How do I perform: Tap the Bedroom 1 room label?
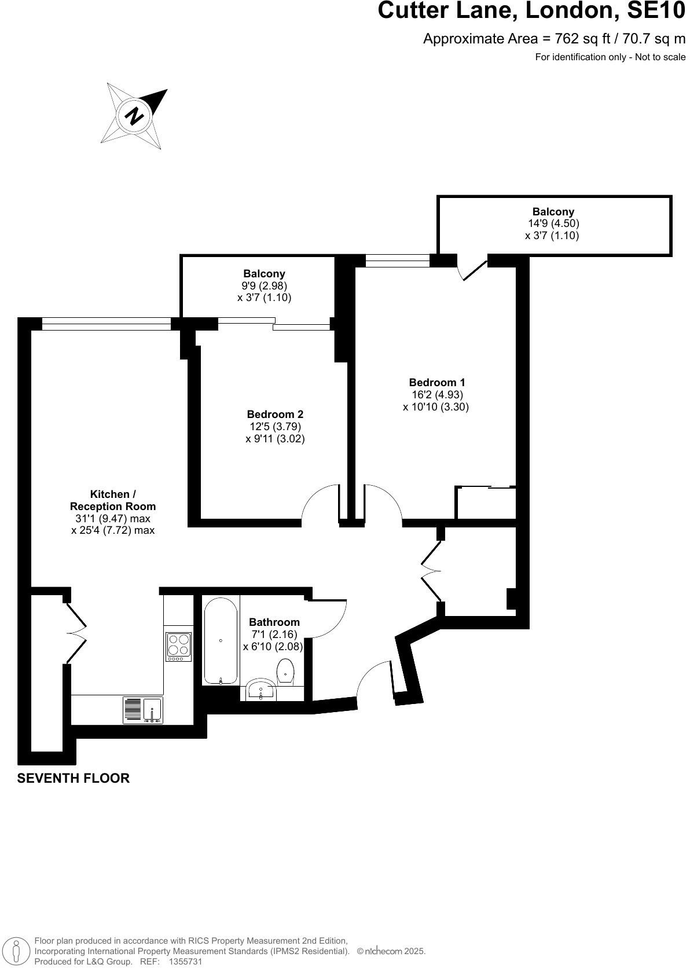pos(436,382)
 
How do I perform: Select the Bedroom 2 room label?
pos(275,414)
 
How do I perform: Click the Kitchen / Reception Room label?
pos(113,500)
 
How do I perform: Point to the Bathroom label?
pos(274,622)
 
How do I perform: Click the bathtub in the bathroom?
pos(221,640)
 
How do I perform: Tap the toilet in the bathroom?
pos(286,671)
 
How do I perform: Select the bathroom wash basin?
pos(260,691)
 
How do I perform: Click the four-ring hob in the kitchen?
pos(178,647)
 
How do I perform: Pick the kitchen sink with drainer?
pos(142,710)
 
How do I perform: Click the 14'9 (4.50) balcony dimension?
pos(553,223)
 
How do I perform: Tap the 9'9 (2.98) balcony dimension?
pos(264,285)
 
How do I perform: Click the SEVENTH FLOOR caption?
pos(74,778)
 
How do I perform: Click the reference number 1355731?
pos(185,961)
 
